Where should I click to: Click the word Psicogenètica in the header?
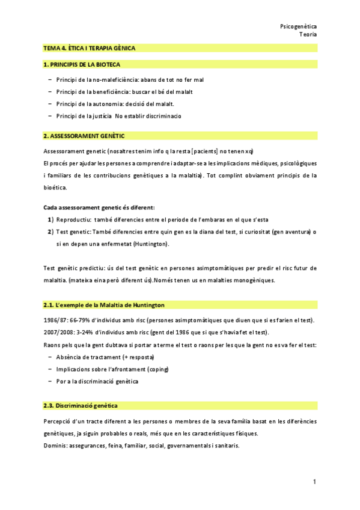pos(299,26)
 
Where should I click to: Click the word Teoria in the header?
pos(308,34)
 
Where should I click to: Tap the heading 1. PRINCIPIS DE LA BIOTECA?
pos(81,64)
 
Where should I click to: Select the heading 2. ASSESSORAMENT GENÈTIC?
pos(84,136)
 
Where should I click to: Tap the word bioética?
pos(56,187)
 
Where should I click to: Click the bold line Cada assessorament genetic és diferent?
pos(99,206)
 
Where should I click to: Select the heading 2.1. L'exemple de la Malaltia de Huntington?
pos(104,305)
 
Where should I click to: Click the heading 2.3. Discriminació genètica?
pos(81,406)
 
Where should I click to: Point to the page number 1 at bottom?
pos(314,482)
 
